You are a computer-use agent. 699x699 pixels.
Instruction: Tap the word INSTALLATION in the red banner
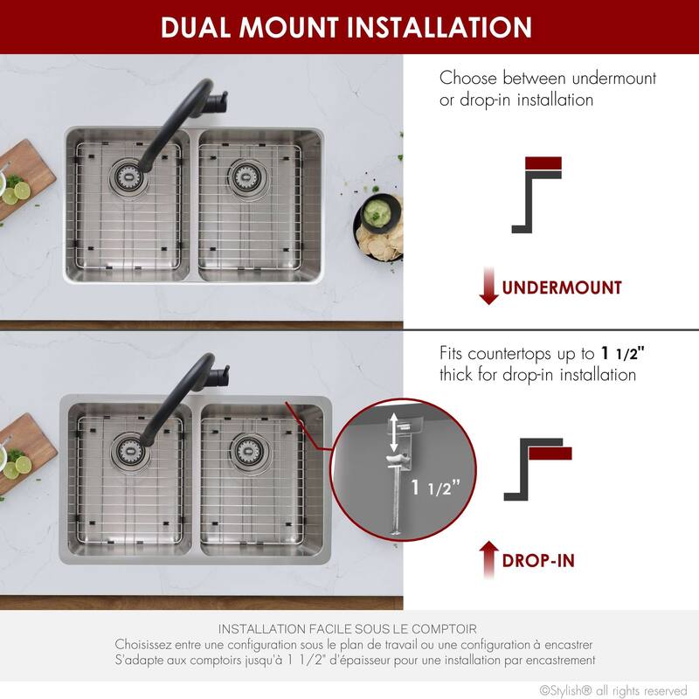pos(439,27)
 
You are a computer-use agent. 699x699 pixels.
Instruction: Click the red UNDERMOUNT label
pos(561,287)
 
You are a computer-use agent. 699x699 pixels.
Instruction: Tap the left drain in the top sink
pos(125,174)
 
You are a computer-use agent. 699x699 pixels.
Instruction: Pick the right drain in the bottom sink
pos(246,451)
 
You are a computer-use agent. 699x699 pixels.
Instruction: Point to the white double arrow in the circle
pos(395,433)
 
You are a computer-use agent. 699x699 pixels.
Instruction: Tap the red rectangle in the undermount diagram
pos(543,163)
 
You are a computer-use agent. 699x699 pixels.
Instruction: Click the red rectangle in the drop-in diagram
pos(550,453)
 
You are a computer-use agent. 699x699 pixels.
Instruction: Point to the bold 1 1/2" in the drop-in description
pos(626,354)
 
